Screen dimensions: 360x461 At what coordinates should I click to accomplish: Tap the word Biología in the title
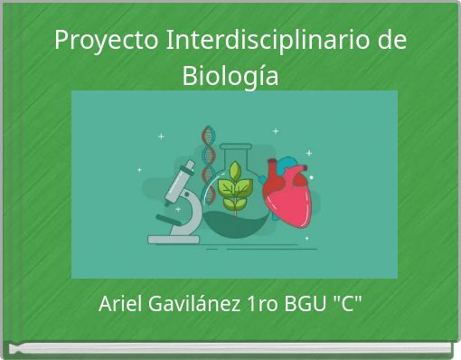[x=230, y=76]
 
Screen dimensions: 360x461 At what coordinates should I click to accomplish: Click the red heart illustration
[x=287, y=197]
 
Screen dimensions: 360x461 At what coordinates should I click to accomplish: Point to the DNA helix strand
[x=210, y=158]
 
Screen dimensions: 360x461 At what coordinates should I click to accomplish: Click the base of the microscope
[x=173, y=239]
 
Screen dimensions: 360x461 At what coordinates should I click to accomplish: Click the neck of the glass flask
[x=236, y=145]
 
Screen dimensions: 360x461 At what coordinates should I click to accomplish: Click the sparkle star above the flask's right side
[x=276, y=131]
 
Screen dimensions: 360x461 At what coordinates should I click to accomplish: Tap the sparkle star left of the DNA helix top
[x=161, y=137]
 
